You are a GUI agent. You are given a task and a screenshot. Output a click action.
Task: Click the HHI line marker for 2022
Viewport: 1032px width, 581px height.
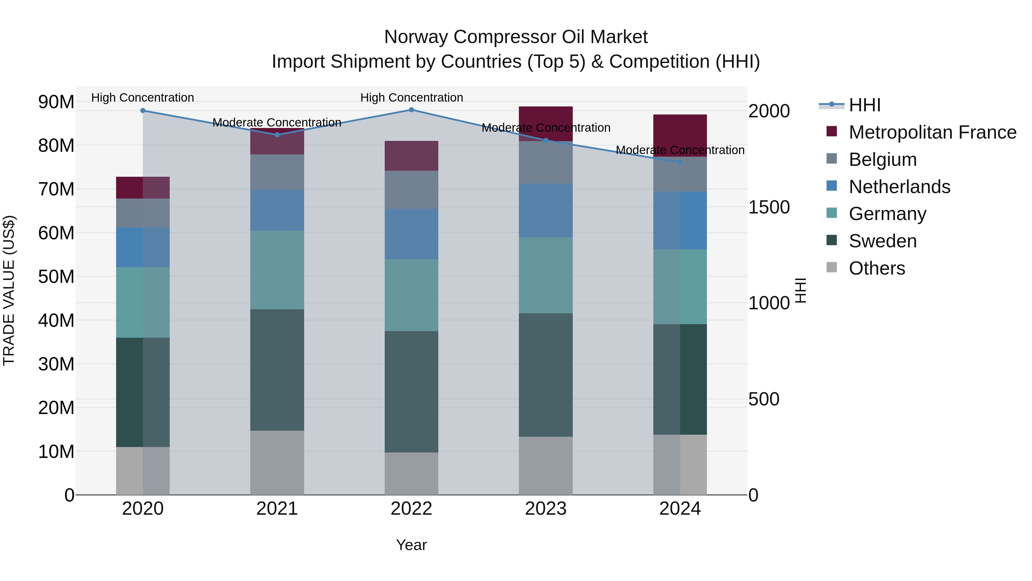pos(411,110)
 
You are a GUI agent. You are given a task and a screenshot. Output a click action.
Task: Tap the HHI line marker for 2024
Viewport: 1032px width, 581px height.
pos(680,162)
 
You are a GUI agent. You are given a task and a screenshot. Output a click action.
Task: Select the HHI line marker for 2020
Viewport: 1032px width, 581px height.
pos(143,111)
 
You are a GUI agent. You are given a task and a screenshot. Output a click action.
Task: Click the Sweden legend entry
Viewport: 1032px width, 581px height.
pos(883,241)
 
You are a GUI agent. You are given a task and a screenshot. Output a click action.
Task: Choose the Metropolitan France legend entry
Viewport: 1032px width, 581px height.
pos(932,132)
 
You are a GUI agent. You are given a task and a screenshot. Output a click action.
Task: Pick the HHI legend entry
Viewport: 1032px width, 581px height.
pos(865,105)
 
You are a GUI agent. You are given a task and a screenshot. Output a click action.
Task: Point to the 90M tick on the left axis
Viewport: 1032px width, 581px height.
pos(56,102)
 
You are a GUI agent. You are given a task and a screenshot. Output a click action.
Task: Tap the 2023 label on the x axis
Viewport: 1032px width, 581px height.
pos(546,509)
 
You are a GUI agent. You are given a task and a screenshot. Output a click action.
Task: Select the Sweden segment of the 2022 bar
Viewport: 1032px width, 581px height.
pos(411,392)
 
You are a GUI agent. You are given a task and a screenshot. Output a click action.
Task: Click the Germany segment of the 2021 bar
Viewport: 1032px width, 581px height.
pos(277,270)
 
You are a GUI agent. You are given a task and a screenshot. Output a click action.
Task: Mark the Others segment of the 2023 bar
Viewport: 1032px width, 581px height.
pos(546,466)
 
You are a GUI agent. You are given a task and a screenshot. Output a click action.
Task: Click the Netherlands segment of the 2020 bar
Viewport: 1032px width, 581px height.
pos(143,247)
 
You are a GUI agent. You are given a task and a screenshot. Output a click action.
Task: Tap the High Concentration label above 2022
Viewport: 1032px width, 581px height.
pos(411,98)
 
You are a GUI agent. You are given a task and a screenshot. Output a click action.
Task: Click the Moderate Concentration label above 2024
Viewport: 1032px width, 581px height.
pos(680,150)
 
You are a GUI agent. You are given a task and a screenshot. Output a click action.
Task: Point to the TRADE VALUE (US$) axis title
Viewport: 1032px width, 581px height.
pos(9,290)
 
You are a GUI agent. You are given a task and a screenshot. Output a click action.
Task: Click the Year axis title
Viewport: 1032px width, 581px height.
pos(411,545)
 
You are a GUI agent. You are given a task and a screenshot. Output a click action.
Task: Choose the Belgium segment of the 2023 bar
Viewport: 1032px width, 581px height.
pos(546,162)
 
